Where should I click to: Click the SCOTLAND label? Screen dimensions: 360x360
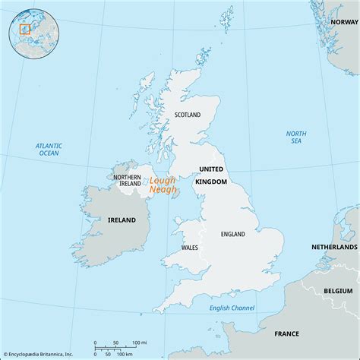pos(187,115)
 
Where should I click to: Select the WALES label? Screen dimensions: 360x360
pos(190,248)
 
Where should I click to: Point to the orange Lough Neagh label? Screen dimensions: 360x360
pos(161,185)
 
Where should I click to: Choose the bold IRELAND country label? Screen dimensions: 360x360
pos(121,220)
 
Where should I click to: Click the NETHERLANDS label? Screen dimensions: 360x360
pos(334,248)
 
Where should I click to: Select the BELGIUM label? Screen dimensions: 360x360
pos(337,291)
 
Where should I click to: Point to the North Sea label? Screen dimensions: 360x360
pos(296,137)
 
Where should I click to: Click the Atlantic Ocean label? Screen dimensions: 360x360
pos(49,150)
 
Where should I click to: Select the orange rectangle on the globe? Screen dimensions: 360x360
pos(24,30)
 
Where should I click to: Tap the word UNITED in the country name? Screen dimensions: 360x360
pos(211,169)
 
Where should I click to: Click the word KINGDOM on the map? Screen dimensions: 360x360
pos(211,182)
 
